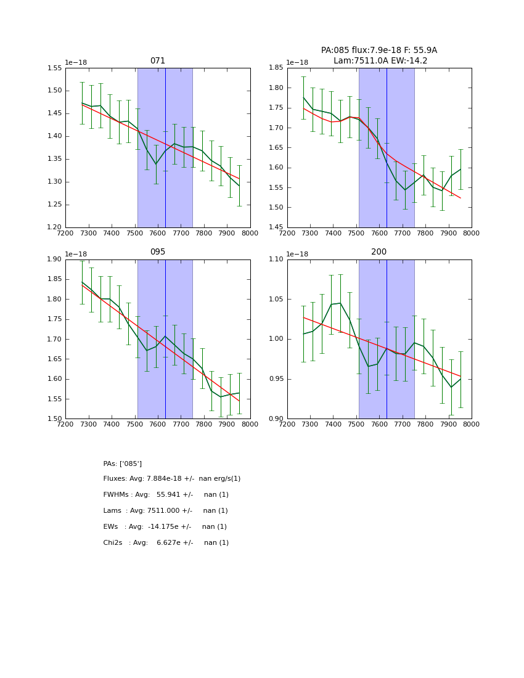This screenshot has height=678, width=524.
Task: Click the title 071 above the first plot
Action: [158, 61]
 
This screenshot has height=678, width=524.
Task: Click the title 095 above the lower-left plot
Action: [158, 252]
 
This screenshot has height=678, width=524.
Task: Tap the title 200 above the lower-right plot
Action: [379, 252]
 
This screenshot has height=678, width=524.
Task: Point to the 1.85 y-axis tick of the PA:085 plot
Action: [276, 68]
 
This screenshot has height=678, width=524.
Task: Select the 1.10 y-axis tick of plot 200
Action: [276, 259]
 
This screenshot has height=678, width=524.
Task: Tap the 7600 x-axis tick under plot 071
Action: [158, 234]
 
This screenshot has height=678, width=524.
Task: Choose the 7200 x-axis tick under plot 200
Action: [287, 425]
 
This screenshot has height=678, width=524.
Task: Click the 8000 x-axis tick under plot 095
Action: [250, 425]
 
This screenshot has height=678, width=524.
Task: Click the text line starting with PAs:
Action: [123, 464]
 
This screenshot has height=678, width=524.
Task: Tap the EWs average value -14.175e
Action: [168, 527]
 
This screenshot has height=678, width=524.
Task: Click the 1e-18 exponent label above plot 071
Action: [76, 62]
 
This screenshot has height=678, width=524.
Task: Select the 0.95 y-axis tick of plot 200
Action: [276, 379]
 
